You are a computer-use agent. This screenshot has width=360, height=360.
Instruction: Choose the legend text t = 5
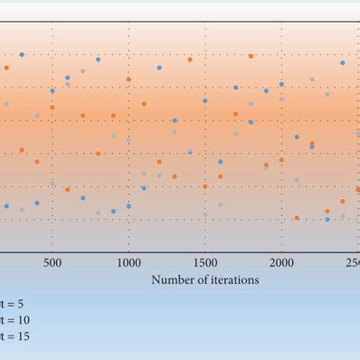pyautogui.click(x=14, y=304)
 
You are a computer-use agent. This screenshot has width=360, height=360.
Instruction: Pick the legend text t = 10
pyautogui.click(x=16, y=320)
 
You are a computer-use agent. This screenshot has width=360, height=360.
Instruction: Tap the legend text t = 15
pyautogui.click(x=16, y=336)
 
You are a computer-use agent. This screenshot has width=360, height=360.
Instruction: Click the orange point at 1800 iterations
pyautogui.click(x=251, y=56)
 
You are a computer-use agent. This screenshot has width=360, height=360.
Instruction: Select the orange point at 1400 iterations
pyautogui.click(x=190, y=60)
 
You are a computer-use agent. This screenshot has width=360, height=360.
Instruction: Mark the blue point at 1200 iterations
pyautogui.click(x=159, y=67)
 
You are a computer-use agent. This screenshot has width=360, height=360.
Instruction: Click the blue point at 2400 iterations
pyautogui.click(x=343, y=63)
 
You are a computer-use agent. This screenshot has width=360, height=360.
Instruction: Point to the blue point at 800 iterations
pyautogui.click(x=98, y=60)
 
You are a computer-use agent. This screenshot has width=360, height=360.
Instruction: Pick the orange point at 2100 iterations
pyautogui.click(x=297, y=218)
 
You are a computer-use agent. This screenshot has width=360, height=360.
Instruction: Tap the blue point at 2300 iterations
pyautogui.click(x=327, y=219)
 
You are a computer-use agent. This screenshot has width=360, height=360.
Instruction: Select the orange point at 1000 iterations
pyautogui.click(x=128, y=80)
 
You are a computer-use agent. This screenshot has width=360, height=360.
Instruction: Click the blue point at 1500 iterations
pyautogui.click(x=205, y=101)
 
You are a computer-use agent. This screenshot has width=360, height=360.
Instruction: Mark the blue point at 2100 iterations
pyautogui.click(x=297, y=137)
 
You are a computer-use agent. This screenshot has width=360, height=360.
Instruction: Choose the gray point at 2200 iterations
pyautogui.click(x=312, y=80)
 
